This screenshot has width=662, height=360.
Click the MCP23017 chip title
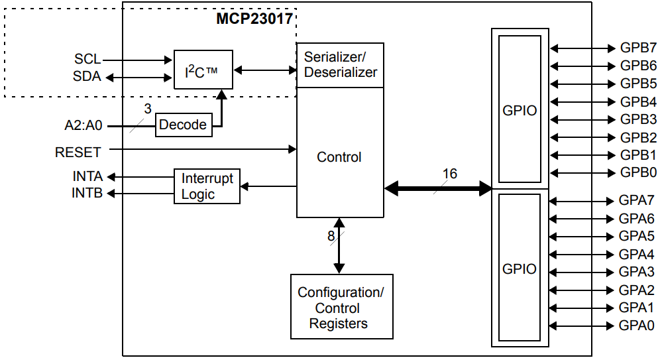[254, 19]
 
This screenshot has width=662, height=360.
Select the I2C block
[203, 70]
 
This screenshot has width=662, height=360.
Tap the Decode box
[184, 125]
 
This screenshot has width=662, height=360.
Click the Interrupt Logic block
[207, 186]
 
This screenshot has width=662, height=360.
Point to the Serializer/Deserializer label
[340, 64]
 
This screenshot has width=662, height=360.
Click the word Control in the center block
[339, 157]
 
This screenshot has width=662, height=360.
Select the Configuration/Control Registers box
[341, 308]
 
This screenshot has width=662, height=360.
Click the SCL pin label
[87, 60]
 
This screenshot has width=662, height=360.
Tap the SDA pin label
[87, 77]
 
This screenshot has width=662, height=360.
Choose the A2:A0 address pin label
[83, 125]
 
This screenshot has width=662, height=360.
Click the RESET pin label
[78, 152]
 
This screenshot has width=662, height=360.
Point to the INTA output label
[87, 177]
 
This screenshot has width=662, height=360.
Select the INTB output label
[87, 194]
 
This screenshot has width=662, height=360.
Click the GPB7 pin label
[638, 48]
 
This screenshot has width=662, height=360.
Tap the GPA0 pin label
[637, 326]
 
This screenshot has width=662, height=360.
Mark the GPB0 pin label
[638, 173]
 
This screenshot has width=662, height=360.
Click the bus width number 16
[449, 174]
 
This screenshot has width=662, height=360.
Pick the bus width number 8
[331, 237]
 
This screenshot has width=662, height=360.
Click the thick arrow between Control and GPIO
[438, 189]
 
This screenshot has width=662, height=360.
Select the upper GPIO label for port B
[520, 111]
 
